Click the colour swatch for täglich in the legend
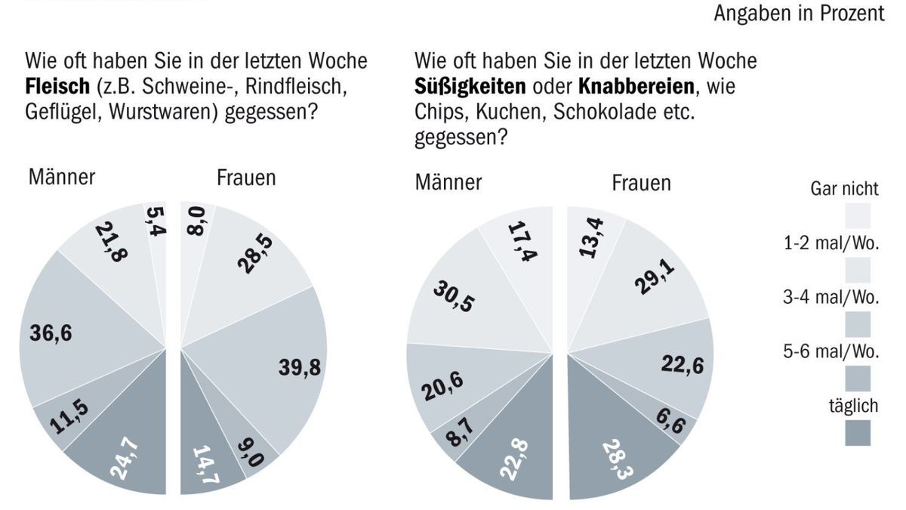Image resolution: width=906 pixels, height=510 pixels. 859,432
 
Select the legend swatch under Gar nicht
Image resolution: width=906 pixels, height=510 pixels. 859,215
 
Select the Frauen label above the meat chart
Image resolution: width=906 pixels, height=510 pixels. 246,178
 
